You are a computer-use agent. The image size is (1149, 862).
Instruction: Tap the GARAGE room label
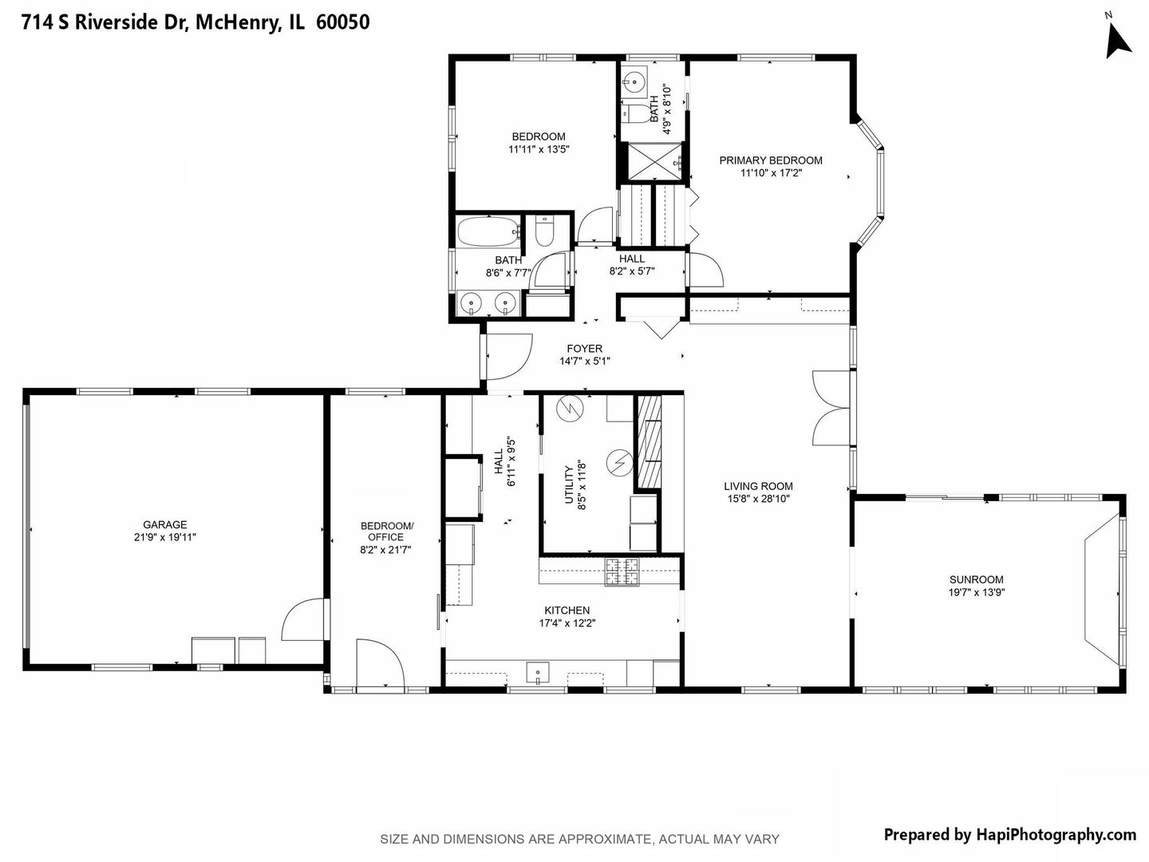pyautogui.click(x=165, y=524)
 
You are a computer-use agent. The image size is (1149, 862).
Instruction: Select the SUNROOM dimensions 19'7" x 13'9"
pyautogui.click(x=976, y=593)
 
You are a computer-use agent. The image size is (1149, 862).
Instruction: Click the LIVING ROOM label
pyautogui.click(x=758, y=486)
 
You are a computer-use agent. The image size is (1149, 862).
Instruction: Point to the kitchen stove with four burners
pyautogui.click(x=622, y=572)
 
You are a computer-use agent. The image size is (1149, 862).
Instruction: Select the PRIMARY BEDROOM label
pyautogui.click(x=770, y=160)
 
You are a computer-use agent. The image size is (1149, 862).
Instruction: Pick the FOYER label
pyautogui.click(x=584, y=348)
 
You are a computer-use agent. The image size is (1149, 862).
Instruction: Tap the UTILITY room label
pyautogui.click(x=570, y=484)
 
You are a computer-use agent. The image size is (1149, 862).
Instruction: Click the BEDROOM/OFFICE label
pyautogui.click(x=387, y=531)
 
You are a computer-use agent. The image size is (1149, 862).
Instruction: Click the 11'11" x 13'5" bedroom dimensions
pyautogui.click(x=539, y=149)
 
